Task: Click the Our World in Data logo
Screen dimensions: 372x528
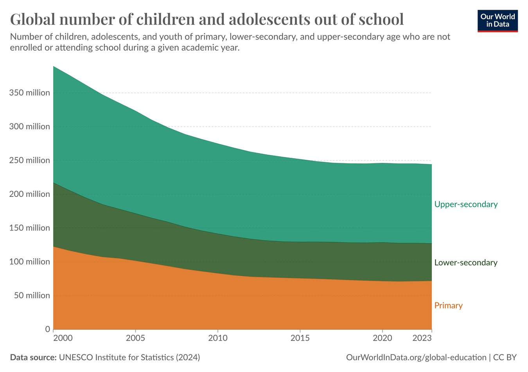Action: point(497,21)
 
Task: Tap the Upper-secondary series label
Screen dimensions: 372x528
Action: point(466,204)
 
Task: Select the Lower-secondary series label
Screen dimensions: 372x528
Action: point(466,263)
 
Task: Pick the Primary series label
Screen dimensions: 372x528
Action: point(448,306)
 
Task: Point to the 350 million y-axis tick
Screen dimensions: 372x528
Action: point(30,93)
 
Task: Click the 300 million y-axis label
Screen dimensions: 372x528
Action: point(30,127)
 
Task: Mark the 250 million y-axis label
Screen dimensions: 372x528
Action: point(30,160)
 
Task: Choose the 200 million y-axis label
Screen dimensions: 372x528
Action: point(30,194)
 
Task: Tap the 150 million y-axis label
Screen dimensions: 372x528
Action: point(30,228)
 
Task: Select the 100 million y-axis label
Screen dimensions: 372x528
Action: point(30,262)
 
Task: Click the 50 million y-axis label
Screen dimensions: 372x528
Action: point(32,295)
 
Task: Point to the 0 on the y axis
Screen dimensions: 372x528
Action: point(47,329)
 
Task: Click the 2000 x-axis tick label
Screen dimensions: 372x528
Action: point(63,338)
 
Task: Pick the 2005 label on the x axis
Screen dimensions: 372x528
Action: point(135,338)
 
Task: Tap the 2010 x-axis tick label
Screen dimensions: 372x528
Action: point(217,338)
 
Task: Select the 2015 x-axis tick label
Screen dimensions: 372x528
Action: point(300,338)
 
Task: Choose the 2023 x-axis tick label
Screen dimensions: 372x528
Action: point(422,338)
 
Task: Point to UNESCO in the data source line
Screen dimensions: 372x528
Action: point(76,358)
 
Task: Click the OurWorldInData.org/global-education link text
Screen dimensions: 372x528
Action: point(416,358)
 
